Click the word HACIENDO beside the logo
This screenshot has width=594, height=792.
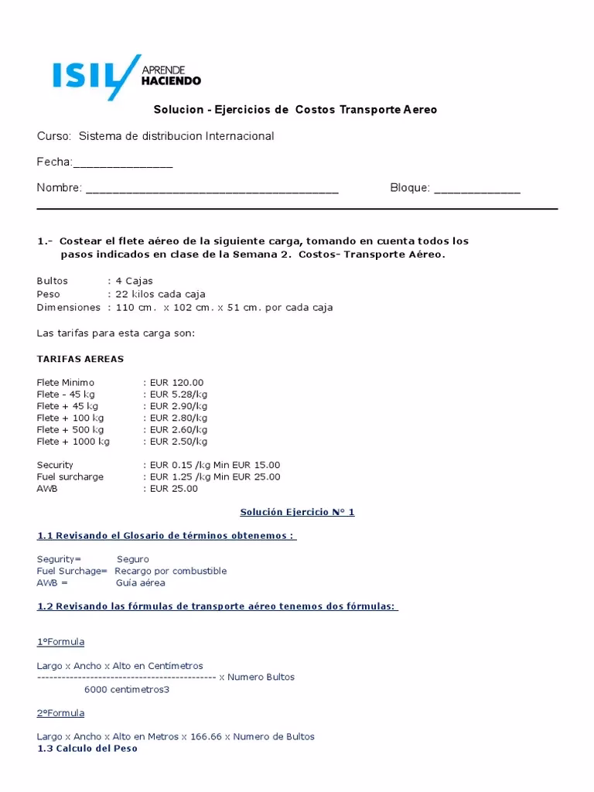tap(171, 80)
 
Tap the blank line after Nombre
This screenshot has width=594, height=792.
tap(211, 189)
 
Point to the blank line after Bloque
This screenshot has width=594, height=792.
tap(476, 189)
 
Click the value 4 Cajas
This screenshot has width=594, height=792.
tap(134, 281)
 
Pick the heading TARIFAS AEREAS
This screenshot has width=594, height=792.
tap(80, 359)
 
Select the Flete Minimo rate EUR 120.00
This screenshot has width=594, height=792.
tap(176, 382)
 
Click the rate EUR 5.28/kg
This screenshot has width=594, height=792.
tap(178, 394)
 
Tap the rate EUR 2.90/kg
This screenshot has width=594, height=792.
tap(178, 406)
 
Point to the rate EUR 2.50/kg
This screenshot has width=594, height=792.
tap(178, 442)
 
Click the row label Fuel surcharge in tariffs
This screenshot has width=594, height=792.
tap(70, 476)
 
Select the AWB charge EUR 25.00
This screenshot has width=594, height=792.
tap(173, 489)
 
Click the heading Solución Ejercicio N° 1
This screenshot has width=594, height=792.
tap(297, 512)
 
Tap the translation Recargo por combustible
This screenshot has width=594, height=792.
tap(170, 571)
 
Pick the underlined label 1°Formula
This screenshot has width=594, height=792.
tap(60, 642)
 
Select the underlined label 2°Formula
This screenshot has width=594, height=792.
tap(60, 713)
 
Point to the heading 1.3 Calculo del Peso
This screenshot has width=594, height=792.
tap(87, 749)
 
